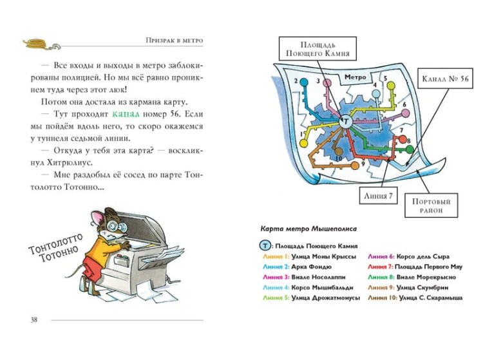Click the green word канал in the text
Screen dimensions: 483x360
(x=126, y=114)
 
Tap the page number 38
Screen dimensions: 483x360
(x=34, y=319)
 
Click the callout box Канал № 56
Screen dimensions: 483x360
(x=445, y=79)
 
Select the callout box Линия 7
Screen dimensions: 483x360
(x=378, y=196)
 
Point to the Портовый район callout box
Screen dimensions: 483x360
(x=431, y=205)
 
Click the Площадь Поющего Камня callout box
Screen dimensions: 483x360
(x=317, y=49)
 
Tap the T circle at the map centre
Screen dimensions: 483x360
(x=346, y=121)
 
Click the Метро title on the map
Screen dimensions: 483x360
(x=355, y=77)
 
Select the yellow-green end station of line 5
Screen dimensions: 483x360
(x=391, y=86)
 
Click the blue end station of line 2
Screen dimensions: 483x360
(x=304, y=82)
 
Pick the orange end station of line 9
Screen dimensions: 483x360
(x=355, y=166)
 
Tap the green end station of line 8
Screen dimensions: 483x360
(x=410, y=149)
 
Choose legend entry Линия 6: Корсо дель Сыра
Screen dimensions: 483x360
(x=408, y=256)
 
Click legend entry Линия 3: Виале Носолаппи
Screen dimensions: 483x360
(x=304, y=277)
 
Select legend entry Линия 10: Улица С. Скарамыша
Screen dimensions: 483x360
(x=415, y=298)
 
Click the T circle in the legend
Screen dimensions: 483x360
(x=265, y=246)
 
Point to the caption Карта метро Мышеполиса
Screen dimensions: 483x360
(x=308, y=229)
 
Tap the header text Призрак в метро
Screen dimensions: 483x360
(x=175, y=41)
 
